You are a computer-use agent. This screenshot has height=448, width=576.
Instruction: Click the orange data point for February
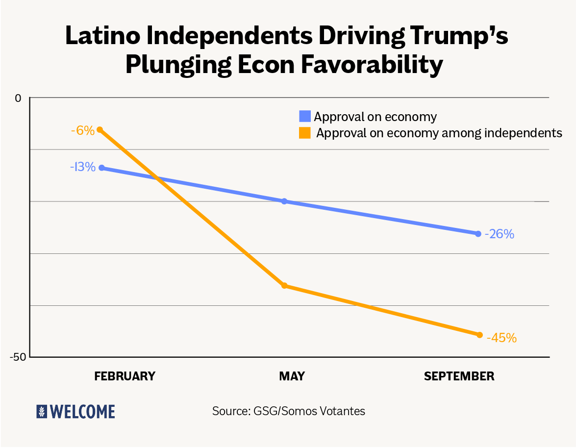[100, 130]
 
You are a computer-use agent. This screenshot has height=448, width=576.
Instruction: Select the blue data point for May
[284, 201]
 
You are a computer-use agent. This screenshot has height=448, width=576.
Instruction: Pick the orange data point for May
[284, 285]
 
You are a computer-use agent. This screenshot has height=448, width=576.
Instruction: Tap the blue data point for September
[478, 234]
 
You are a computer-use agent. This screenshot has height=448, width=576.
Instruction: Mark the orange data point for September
[479, 335]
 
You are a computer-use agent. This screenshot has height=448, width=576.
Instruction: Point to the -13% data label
[82, 167]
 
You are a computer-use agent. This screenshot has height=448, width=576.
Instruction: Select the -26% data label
[500, 234]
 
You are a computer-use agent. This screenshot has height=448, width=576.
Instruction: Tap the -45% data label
[501, 338]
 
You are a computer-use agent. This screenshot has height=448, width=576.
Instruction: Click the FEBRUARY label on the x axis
[125, 376]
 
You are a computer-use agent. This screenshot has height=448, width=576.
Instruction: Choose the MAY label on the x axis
[292, 376]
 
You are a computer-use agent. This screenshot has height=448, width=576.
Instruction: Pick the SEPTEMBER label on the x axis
[459, 376]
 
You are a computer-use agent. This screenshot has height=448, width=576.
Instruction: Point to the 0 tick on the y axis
[18, 98]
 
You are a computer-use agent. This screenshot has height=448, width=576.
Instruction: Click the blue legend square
[305, 117]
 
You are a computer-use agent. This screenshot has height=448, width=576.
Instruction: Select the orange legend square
[305, 132]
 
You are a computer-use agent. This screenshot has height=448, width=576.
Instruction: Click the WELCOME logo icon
[42, 411]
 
